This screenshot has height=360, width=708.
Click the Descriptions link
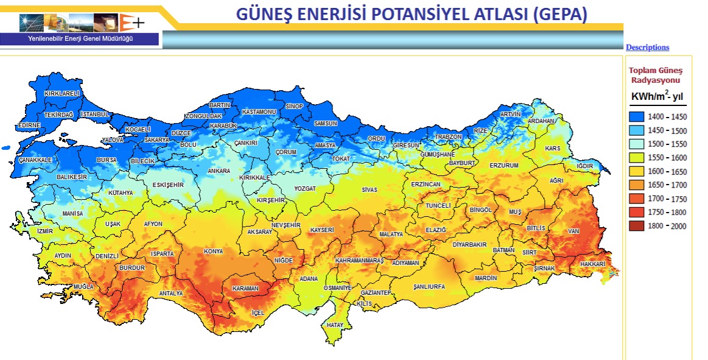(647, 48)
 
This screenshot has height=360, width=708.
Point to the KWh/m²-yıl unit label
(657, 96)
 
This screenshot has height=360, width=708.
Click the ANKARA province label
(219, 171)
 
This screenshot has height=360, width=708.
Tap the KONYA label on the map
(213, 252)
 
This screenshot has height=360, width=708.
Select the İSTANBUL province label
(94, 114)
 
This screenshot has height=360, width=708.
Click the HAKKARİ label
(592, 264)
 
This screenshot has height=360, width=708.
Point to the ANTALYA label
(170, 294)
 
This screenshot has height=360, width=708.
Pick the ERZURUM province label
(503, 166)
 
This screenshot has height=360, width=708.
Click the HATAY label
(335, 325)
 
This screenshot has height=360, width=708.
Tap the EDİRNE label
(29, 125)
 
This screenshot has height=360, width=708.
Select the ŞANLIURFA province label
(429, 286)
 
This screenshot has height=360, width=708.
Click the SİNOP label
(294, 107)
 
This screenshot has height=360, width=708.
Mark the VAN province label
(572, 231)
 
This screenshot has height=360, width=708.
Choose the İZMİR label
(45, 231)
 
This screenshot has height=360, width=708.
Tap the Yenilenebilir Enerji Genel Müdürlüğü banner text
(80, 39)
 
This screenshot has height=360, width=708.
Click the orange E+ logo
(132, 23)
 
